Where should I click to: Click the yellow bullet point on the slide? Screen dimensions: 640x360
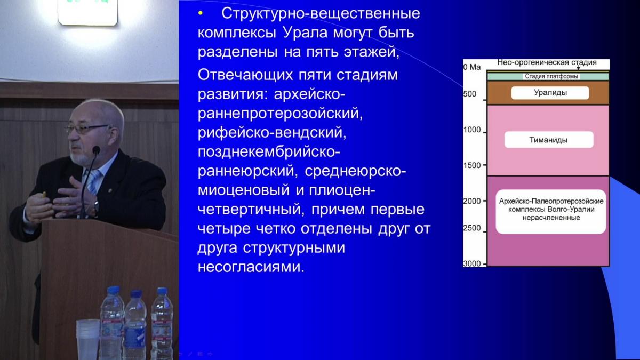click(x=201, y=13)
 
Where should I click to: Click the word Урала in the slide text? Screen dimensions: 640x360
click(x=305, y=33)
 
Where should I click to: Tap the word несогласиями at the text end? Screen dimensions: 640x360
click(x=251, y=267)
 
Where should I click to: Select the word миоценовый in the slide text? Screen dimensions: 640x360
click(x=244, y=190)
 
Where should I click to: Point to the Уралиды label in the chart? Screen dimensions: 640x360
click(x=550, y=93)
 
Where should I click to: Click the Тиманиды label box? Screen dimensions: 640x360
click(x=549, y=140)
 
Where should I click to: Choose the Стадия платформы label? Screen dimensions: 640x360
click(x=551, y=76)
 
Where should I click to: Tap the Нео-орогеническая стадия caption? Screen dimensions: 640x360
click(x=547, y=62)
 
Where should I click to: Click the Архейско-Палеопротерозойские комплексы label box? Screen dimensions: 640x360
click(x=551, y=212)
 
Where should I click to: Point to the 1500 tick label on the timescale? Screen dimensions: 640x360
click(x=472, y=165)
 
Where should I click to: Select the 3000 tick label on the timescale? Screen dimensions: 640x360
click(x=472, y=263)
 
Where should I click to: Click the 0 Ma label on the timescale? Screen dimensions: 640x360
click(x=472, y=67)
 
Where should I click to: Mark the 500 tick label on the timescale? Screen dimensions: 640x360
click(x=470, y=94)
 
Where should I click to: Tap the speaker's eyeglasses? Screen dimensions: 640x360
click(x=86, y=129)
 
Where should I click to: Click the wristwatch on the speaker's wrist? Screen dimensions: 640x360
click(x=97, y=206)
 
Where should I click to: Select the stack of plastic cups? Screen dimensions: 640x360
click(x=88, y=339)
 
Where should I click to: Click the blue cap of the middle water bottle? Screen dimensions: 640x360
click(x=135, y=294)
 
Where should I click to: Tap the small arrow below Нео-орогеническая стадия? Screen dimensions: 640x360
click(x=578, y=68)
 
